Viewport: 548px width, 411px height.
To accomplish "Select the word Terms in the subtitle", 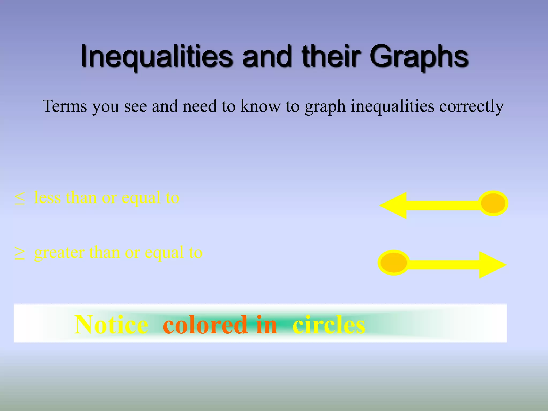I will (x=64, y=106).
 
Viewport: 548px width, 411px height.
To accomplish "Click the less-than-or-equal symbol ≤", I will (x=20, y=198).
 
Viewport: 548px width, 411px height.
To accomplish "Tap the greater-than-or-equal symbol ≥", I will (x=20, y=253).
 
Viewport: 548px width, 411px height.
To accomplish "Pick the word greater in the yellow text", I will (x=59, y=253).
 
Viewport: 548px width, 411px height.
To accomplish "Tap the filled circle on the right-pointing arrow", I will (x=394, y=263).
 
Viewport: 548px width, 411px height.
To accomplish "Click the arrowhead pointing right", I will (x=492, y=265).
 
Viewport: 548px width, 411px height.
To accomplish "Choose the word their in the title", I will (x=331, y=56).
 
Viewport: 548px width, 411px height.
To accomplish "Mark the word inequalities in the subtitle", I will (x=392, y=106).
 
